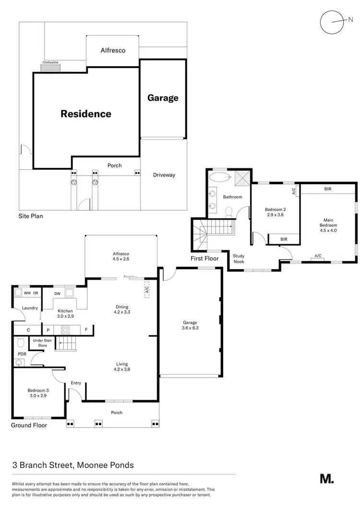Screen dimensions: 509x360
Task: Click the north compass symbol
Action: (333, 22)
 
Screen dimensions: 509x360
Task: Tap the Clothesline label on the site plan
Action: (50, 62)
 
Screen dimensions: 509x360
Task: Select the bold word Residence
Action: (86, 114)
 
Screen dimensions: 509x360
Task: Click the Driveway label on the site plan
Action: (164, 175)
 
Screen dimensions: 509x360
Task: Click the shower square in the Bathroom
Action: (242, 179)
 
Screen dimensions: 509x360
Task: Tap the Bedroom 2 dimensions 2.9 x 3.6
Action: (275, 215)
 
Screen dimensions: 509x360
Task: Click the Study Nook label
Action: (239, 259)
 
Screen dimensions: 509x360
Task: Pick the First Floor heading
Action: (205, 259)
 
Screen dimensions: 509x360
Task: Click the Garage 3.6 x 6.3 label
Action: (191, 326)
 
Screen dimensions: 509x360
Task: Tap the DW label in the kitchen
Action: (58, 294)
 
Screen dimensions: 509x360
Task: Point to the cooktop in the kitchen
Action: (65, 330)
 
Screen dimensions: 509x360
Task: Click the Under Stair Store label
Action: (42, 343)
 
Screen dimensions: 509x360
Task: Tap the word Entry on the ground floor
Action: (76, 383)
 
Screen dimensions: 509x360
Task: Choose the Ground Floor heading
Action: (29, 425)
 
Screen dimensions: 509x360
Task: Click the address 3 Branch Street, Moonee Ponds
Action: (73, 465)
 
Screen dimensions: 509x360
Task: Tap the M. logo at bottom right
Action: (327, 478)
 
